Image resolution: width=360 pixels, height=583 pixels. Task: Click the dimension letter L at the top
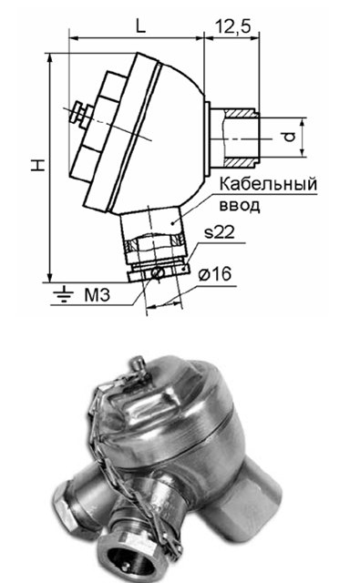(139, 26)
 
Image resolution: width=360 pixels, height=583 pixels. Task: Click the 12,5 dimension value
(232, 26)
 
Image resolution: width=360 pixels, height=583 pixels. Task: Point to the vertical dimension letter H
(38, 165)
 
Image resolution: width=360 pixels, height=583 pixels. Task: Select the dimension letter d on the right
(289, 138)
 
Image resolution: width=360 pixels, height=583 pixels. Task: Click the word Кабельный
(268, 184)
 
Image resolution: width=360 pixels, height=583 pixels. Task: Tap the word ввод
(240, 205)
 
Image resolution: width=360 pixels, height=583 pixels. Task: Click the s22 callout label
(220, 232)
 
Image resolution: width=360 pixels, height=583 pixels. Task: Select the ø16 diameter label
(214, 275)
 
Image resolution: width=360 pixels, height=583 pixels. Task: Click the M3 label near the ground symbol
(98, 295)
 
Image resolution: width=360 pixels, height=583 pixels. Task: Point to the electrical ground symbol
(63, 293)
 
